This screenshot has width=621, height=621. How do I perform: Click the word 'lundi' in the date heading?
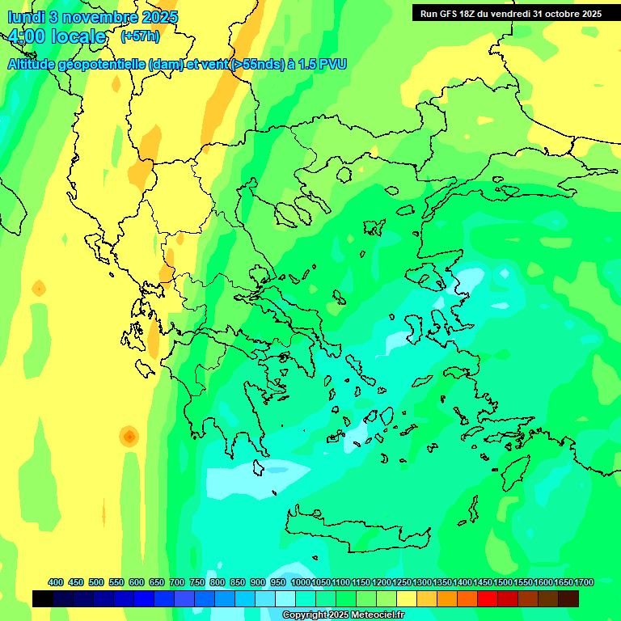[26, 17]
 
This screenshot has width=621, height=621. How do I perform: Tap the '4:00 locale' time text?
[57, 36]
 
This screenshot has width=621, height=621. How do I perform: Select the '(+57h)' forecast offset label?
[140, 36]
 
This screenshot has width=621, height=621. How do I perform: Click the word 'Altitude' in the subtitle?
[36, 64]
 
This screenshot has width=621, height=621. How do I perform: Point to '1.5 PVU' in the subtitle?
[322, 64]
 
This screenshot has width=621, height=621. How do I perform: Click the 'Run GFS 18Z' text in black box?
[449, 14]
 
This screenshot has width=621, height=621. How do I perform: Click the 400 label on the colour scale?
[56, 582]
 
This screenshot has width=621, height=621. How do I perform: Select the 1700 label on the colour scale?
[584, 582]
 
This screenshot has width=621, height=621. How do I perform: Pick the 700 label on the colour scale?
[177, 582]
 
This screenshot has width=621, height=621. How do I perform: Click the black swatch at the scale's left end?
[43, 598]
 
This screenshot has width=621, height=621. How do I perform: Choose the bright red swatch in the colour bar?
[488, 598]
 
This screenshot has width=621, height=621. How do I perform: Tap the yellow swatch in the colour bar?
[407, 598]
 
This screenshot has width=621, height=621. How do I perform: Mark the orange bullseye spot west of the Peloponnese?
[129, 437]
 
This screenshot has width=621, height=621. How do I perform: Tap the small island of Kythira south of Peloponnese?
[259, 467]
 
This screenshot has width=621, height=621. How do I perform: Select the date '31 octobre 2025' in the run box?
[567, 14]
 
